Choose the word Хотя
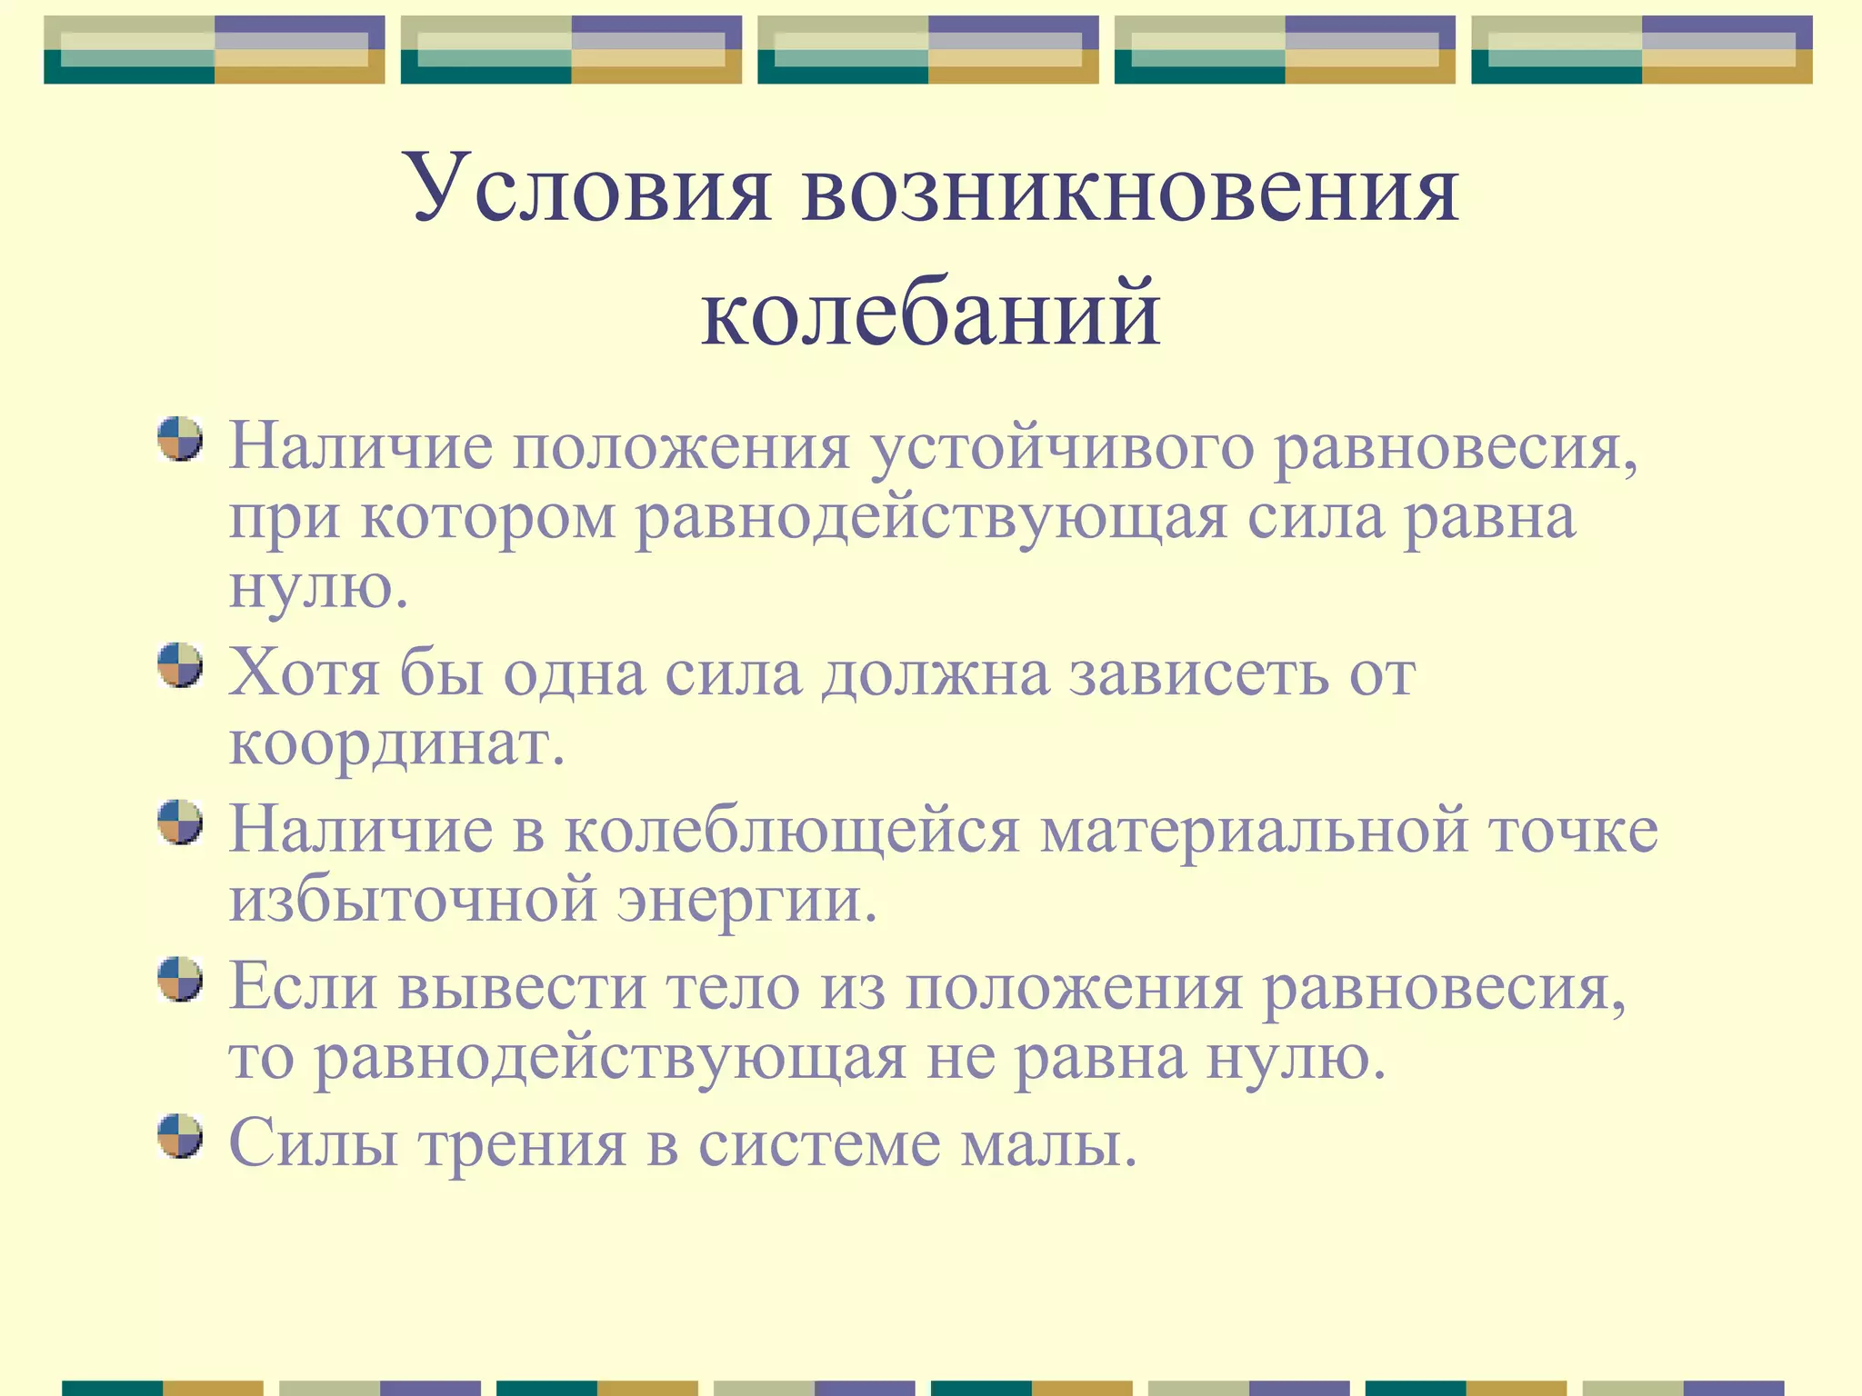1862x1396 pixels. click(304, 673)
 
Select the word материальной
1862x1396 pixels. click(1254, 832)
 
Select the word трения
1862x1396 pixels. click(522, 1143)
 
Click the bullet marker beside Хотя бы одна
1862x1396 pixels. click(179, 665)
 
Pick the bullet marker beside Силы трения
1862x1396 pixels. click(179, 1135)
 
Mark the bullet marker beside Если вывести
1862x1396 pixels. click(179, 979)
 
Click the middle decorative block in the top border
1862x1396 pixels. click(927, 50)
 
